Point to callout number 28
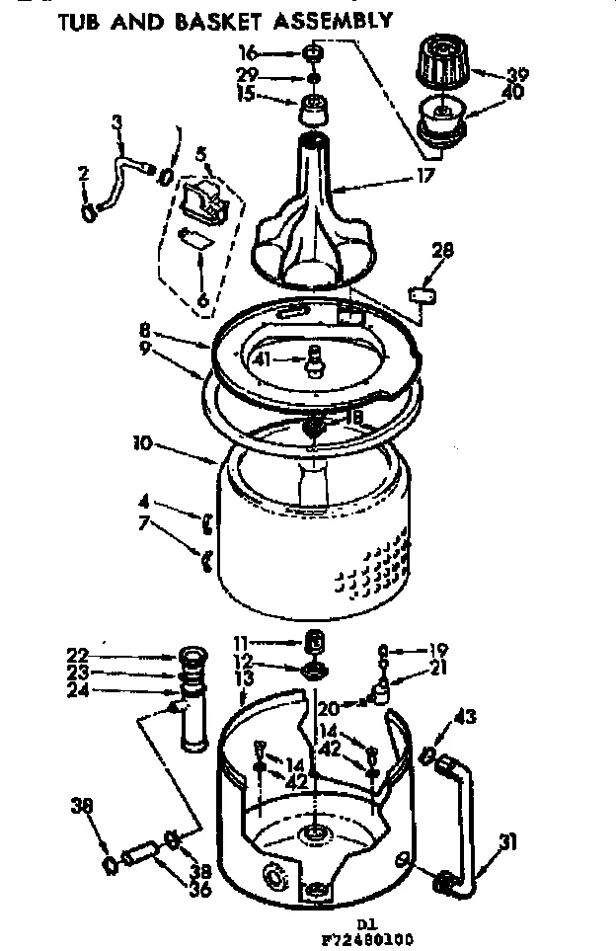pyautogui.click(x=443, y=252)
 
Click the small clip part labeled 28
pyautogui.click(x=423, y=293)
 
